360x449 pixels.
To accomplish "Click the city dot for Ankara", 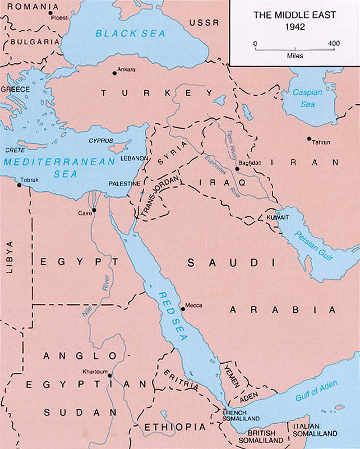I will pyautogui.click(x=114, y=72).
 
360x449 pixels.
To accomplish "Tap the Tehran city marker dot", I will pyautogui.click(x=309, y=138).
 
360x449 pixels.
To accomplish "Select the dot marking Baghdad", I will pyautogui.click(x=238, y=167).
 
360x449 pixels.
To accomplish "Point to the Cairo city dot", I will pyautogui.click(x=94, y=210).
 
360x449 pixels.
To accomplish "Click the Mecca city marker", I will pyautogui.click(x=182, y=308).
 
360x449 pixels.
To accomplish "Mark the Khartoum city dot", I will pyautogui.click(x=110, y=376).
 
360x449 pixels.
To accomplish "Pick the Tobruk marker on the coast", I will pyautogui.click(x=20, y=185).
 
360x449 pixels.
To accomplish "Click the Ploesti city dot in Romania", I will pyautogui.click(x=50, y=12).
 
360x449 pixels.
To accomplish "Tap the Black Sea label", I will pyautogui.click(x=130, y=34).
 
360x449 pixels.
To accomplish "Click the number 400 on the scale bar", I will pyautogui.click(x=334, y=43).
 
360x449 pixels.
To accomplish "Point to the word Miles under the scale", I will pyautogui.click(x=294, y=56).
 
